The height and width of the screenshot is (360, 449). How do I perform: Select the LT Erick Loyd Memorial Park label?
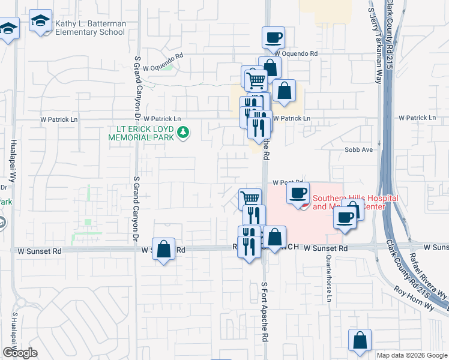(141, 133)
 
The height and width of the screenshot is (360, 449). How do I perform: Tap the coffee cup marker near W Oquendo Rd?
(273, 37)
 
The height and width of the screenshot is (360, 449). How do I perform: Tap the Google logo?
(19, 353)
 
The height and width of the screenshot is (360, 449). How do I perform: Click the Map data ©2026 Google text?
(412, 355)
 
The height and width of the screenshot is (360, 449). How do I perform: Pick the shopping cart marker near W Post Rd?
(250, 198)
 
